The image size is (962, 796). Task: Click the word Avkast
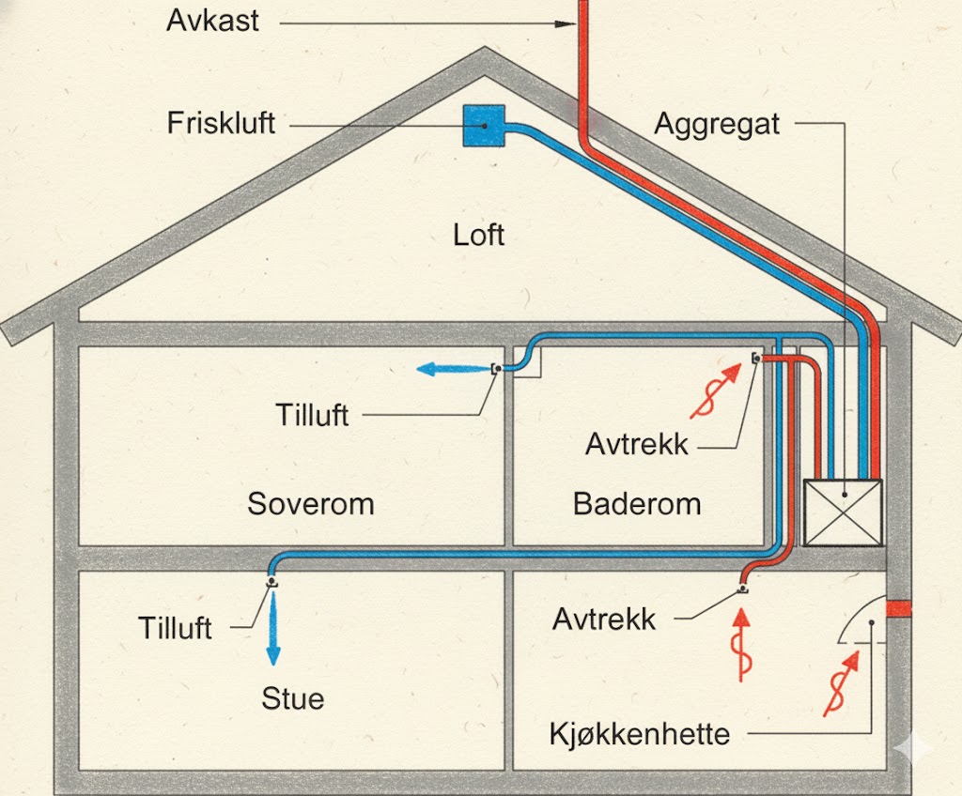212,21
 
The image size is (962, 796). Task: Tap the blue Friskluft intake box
484,125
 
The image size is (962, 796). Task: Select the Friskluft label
221,123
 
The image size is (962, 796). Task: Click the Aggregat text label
717,124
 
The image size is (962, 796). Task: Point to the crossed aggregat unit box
844,512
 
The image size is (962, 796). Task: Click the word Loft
478,234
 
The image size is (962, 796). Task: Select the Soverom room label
310,503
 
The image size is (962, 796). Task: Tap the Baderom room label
637,503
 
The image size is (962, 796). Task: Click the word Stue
293,698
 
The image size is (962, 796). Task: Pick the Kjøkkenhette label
640,733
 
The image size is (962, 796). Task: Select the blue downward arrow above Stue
273,628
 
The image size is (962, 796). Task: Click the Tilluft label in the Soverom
312,414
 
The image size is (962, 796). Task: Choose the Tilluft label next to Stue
176,627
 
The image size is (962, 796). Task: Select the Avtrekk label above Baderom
637,444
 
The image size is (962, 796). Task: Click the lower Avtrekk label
604,619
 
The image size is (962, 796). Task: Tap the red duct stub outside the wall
899,608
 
